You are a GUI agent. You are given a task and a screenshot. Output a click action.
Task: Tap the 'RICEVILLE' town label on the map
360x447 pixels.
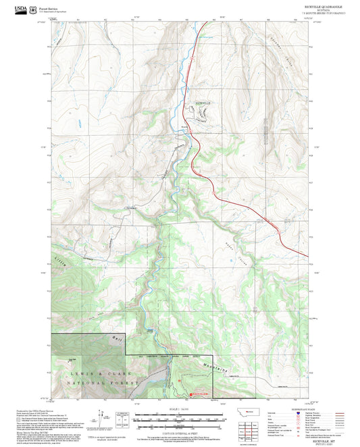203,102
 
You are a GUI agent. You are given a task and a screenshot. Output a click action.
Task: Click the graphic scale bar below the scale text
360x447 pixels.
177,417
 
